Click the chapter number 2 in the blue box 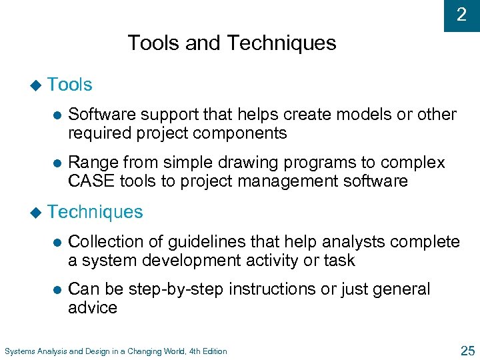(x=461, y=15)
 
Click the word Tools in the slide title (x=153, y=43)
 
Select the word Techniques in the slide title (x=281, y=43)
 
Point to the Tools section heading (x=70, y=85)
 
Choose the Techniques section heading (x=95, y=212)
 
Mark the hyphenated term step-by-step (x=179, y=289)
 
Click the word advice (x=93, y=307)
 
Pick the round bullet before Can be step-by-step (x=57, y=290)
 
